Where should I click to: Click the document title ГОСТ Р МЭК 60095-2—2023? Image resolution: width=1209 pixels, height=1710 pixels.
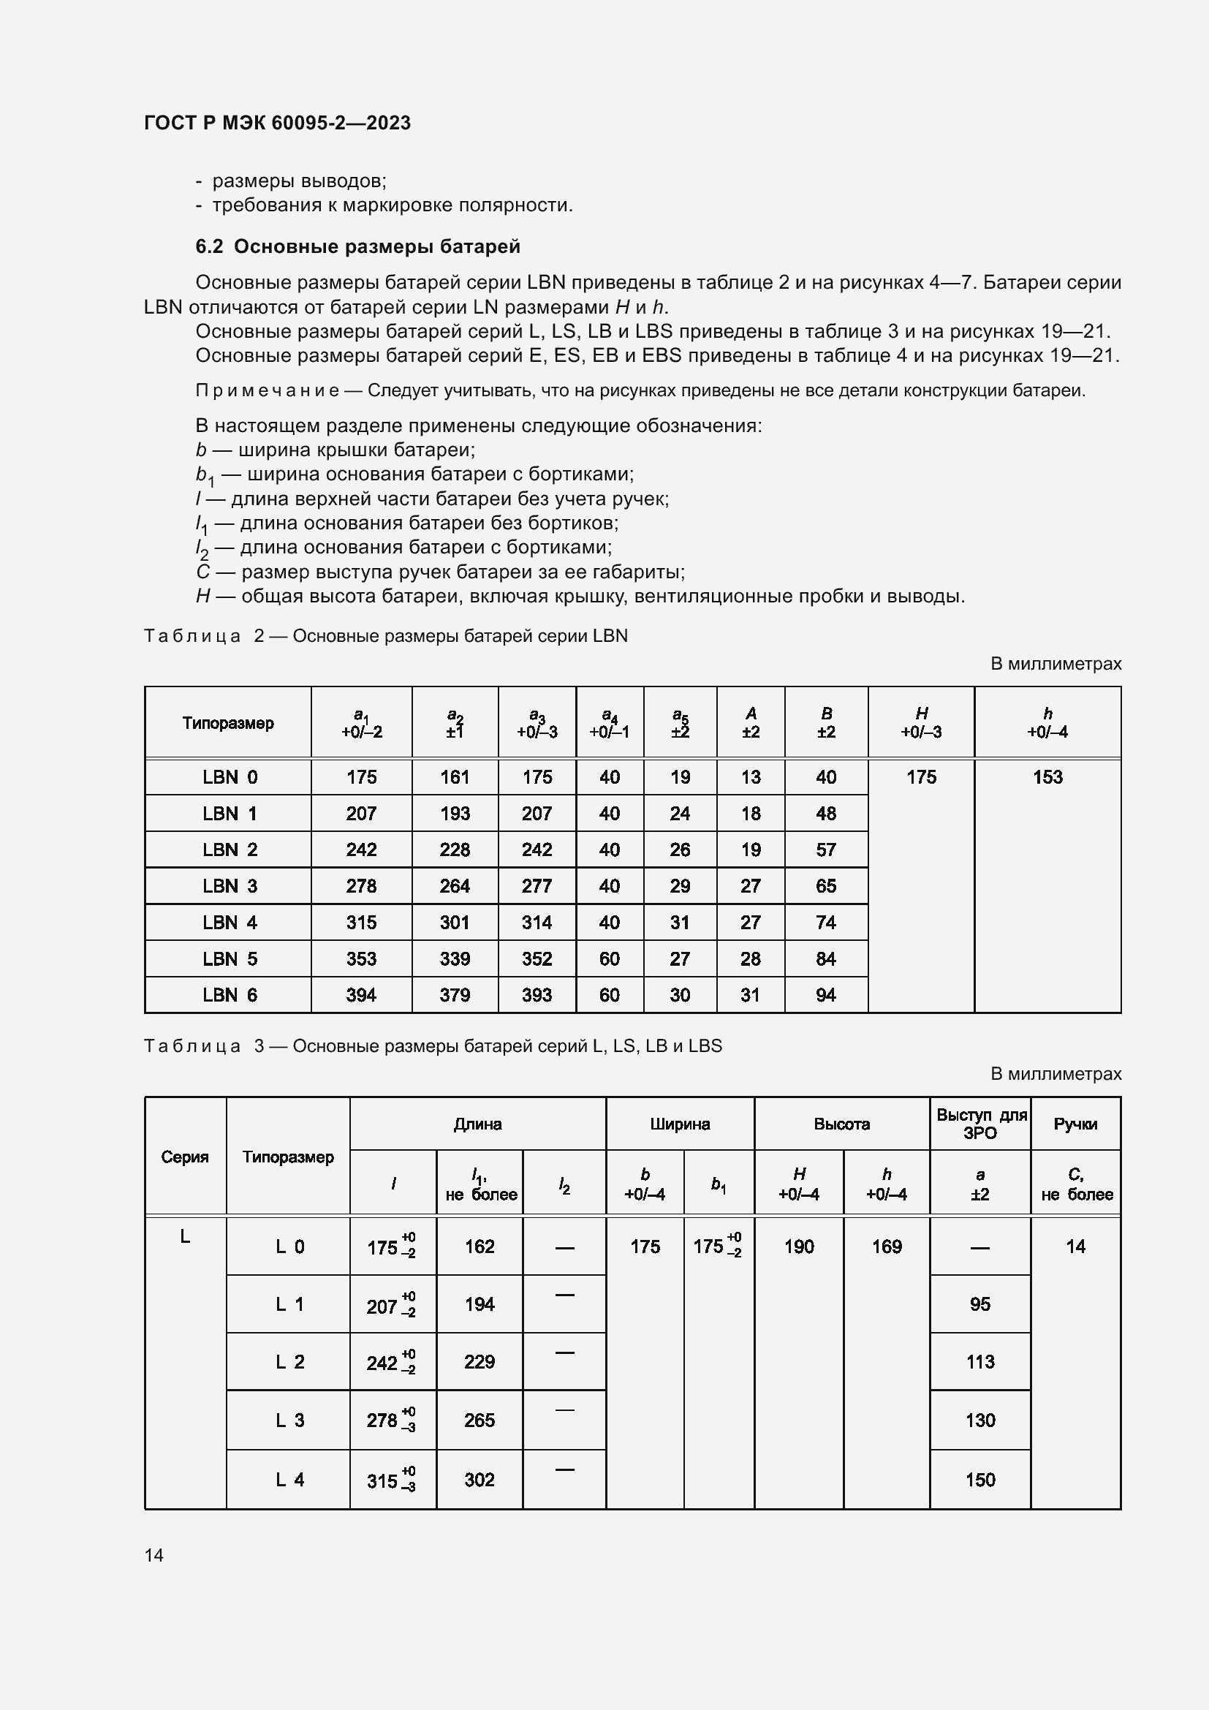pos(277,123)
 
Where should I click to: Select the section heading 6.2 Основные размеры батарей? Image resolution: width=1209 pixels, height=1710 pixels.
pos(357,246)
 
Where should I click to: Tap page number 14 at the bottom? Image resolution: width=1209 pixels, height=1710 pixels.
pos(154,1554)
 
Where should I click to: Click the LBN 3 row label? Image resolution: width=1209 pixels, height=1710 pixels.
pos(230,885)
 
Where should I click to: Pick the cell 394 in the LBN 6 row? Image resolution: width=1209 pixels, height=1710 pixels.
pos(361,994)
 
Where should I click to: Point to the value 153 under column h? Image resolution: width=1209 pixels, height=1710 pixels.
pos(1047,777)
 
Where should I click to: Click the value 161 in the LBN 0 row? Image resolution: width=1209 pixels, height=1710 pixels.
pos(454,777)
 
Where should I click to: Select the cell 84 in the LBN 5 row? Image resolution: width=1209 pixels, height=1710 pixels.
pos(825,958)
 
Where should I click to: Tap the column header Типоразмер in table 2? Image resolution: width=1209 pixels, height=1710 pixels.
pos(228,723)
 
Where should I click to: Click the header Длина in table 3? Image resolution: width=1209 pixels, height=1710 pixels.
pos(477,1124)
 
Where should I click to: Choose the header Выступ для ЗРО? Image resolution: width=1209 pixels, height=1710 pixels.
pos(980,1124)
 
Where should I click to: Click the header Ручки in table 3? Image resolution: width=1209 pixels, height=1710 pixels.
pos(1075,1124)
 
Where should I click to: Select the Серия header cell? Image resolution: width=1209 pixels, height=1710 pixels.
pos(185,1157)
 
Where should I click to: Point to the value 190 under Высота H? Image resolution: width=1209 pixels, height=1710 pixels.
pos(799,1246)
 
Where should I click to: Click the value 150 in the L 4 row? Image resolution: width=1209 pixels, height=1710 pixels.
pos(979,1480)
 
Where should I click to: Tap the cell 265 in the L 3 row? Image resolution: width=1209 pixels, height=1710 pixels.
pos(480,1420)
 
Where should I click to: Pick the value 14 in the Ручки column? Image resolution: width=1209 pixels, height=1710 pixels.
pos(1075,1246)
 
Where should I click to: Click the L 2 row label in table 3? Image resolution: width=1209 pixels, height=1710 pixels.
pos(289,1362)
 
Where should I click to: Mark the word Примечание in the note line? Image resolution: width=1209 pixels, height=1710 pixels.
pos(268,390)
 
